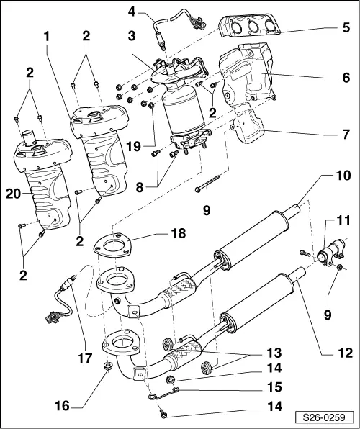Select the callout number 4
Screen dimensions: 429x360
click(132, 12)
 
